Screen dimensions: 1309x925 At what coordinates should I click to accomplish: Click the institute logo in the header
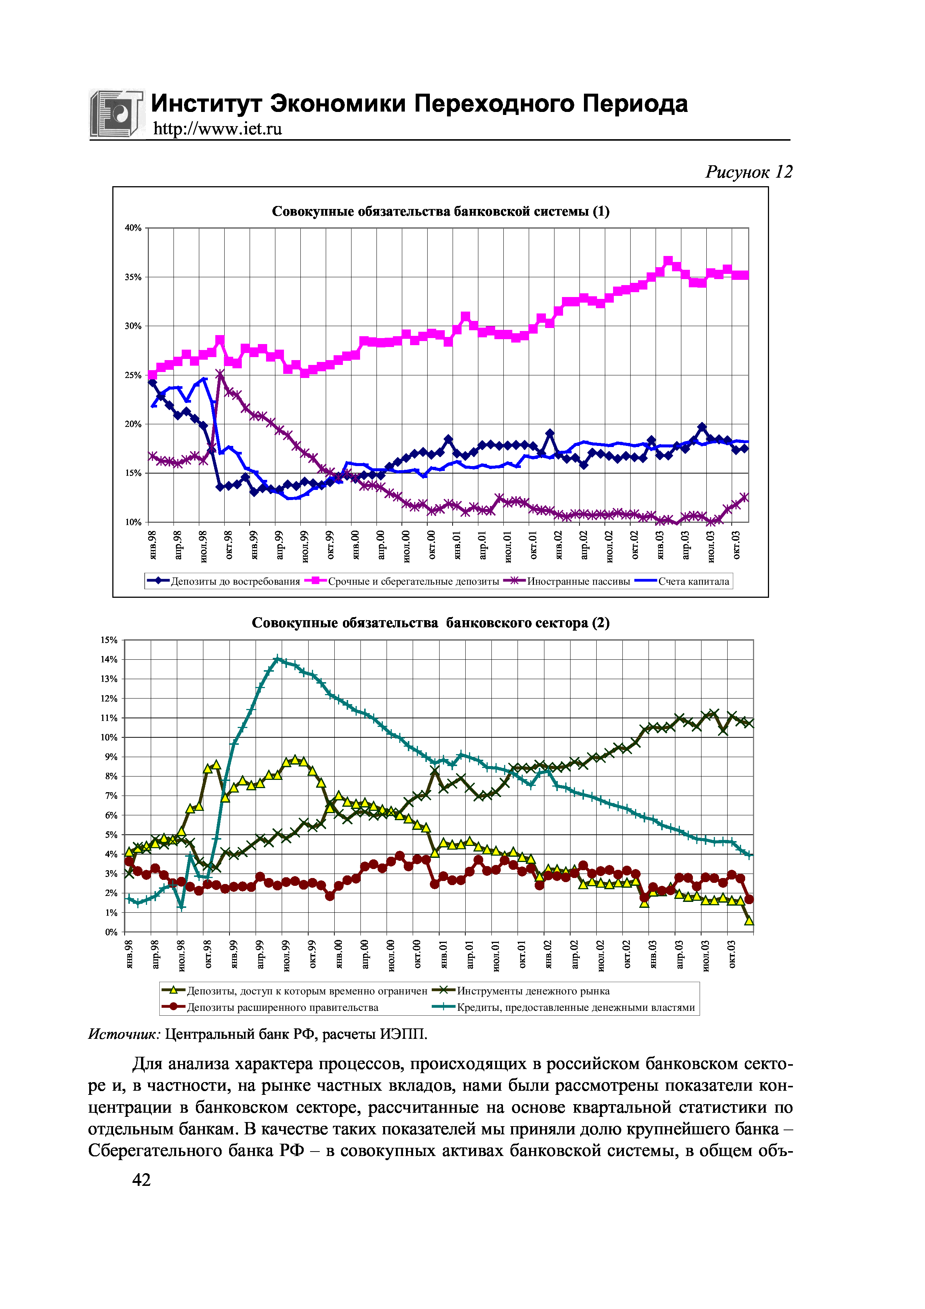pos(116,113)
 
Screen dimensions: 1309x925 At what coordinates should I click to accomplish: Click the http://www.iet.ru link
pos(217,129)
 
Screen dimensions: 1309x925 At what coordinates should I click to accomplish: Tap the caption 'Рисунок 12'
pos(749,172)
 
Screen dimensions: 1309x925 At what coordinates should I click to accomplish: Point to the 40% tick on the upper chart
pos(133,228)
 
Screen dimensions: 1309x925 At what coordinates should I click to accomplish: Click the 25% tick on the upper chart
pos(133,375)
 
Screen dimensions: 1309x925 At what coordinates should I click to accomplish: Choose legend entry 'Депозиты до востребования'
pos(235,581)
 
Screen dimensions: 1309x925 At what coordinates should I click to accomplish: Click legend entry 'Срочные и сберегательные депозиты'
pos(413,581)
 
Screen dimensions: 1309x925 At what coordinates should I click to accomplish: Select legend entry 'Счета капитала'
pos(693,581)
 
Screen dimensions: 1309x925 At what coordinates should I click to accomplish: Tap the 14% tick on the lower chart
pos(109,660)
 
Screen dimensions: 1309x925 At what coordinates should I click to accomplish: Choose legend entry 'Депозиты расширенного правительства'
pos(282,1007)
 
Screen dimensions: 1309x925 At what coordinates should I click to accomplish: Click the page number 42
pos(141,1180)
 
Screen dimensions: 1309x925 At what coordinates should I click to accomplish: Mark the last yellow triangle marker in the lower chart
pos(749,920)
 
